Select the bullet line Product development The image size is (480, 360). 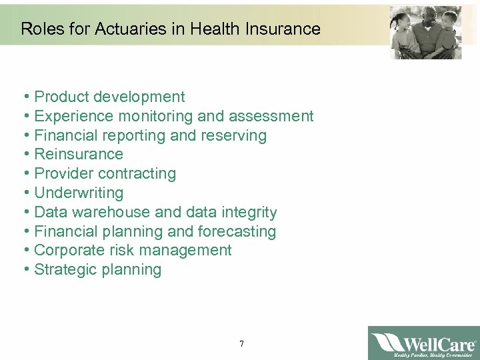click(109, 97)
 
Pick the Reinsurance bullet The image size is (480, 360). click(78, 155)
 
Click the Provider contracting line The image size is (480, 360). click(105, 174)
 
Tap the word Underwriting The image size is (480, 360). click(79, 193)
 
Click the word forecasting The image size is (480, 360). click(237, 232)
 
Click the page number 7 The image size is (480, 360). click(241, 344)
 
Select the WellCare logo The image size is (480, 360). click(423, 343)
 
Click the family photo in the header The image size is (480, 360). click(426, 33)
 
